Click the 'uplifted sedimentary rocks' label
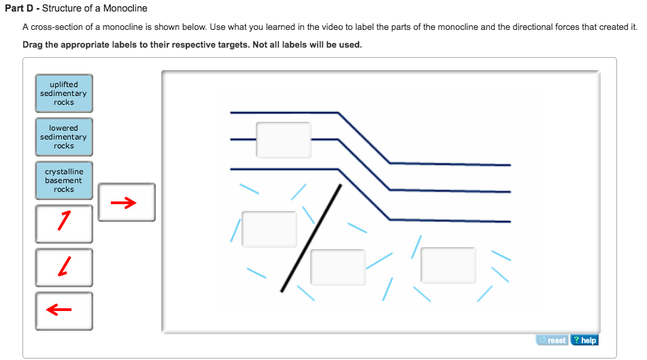click(x=64, y=93)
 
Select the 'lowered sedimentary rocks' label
click(x=64, y=137)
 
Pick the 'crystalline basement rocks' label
click(x=64, y=180)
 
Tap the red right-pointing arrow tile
click(x=127, y=202)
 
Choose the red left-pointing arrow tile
click(x=64, y=311)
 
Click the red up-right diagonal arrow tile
click(x=64, y=224)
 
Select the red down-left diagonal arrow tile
click(x=64, y=267)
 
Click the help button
click(x=584, y=340)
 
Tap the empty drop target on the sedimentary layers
click(x=284, y=140)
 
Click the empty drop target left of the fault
click(x=269, y=229)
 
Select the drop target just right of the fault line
click(x=338, y=267)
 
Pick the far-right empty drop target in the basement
click(x=448, y=265)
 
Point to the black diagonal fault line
click(x=311, y=238)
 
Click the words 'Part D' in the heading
click(x=19, y=8)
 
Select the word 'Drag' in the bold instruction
click(x=33, y=45)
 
